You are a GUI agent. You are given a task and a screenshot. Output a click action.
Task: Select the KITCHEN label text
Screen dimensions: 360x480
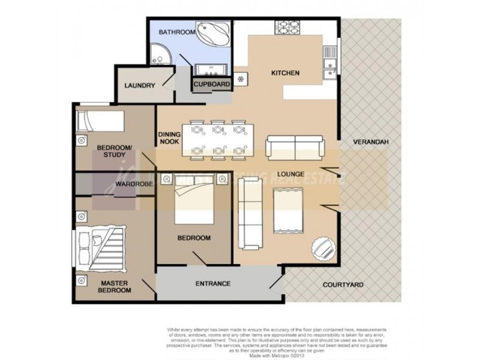286,73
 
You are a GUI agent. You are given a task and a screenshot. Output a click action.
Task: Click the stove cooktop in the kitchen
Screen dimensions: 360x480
288,28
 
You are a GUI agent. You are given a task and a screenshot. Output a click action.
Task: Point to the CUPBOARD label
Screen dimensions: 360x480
212,85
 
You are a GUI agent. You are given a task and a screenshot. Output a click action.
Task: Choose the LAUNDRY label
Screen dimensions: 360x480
140,86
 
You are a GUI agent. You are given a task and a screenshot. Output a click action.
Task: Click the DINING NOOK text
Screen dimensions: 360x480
169,139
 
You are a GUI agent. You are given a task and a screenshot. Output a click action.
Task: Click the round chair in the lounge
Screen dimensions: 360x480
322,247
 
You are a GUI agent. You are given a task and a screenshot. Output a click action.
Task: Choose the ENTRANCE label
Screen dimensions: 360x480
213,283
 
